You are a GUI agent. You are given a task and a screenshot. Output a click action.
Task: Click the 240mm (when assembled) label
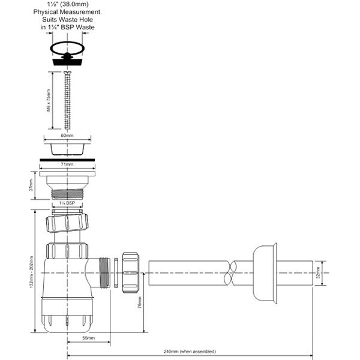(190, 351)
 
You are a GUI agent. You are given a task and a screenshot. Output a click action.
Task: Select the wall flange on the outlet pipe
(264, 272)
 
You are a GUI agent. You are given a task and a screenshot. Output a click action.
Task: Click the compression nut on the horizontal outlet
(130, 272)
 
